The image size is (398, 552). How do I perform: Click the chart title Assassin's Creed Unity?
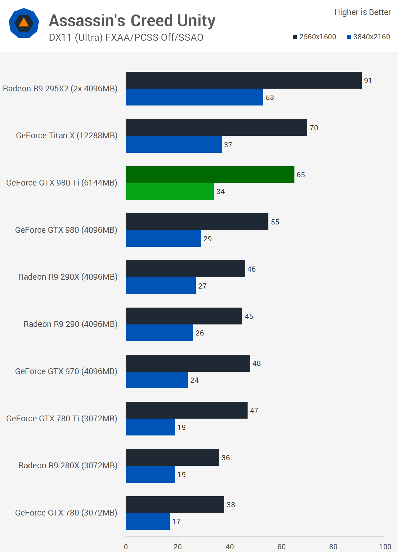[132, 21]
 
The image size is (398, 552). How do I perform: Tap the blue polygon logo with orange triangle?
[24, 23]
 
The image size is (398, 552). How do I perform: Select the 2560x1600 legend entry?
[314, 37]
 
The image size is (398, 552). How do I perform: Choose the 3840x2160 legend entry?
[368, 37]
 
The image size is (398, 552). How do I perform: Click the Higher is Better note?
[362, 12]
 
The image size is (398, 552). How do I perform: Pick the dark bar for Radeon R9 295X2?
[244, 80]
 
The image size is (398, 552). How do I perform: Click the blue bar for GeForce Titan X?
[174, 144]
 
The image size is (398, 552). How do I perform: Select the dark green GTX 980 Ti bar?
[210, 175]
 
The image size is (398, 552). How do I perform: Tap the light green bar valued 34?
[170, 192]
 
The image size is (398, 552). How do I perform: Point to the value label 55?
[275, 222]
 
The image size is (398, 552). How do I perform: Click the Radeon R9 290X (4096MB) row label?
[68, 277]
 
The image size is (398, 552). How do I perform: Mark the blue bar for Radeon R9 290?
[159, 333]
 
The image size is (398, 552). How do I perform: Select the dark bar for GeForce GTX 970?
[188, 363]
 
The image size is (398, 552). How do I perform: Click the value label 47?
[254, 411]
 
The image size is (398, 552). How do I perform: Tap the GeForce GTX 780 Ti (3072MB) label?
[62, 419]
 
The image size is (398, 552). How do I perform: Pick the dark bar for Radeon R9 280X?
[172, 458]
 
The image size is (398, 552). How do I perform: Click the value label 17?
[176, 522]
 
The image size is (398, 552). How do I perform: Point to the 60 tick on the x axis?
[281, 547]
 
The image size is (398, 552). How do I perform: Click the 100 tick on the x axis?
[385, 547]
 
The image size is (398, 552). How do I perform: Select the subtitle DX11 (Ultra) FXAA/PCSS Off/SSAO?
[126, 37]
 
